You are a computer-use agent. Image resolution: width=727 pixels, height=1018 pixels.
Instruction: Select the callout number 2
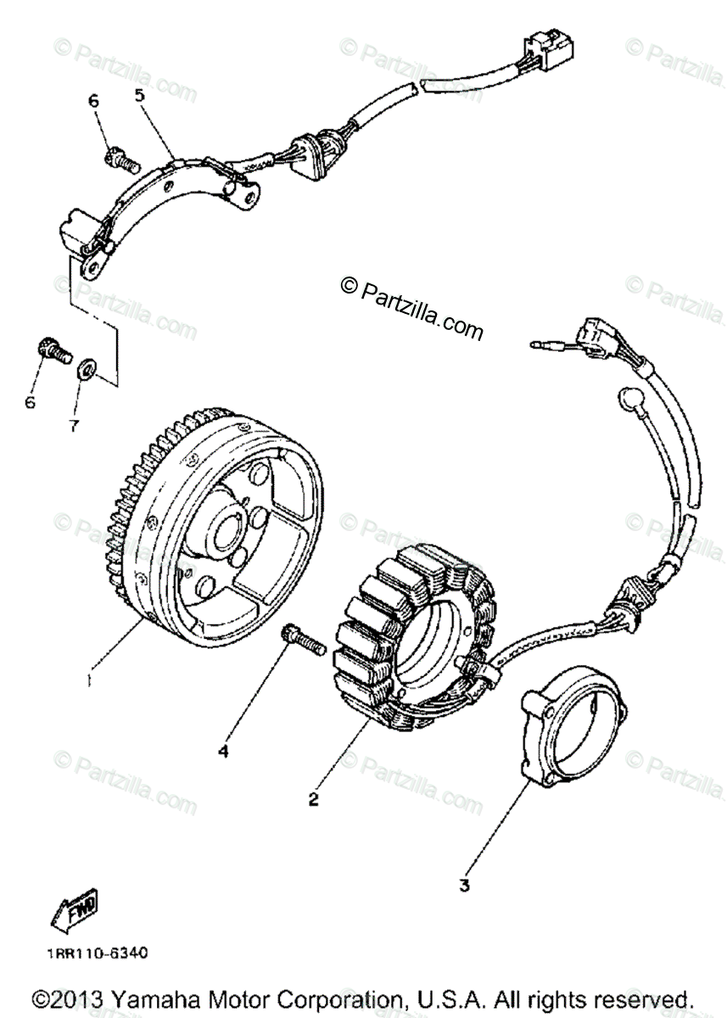click(x=314, y=798)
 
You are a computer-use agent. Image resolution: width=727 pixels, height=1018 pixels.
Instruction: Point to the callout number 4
click(x=224, y=750)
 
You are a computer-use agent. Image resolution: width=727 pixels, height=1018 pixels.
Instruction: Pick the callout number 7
click(x=74, y=426)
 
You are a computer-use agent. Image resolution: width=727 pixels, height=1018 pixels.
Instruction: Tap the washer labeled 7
click(x=86, y=369)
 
